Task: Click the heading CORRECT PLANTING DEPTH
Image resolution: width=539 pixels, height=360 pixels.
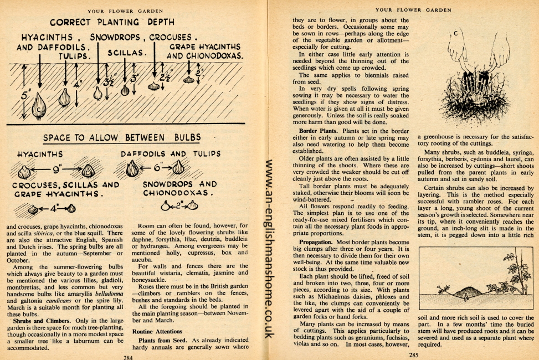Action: (x=112, y=23)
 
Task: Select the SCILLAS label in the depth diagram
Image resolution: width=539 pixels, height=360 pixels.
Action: (x=126, y=53)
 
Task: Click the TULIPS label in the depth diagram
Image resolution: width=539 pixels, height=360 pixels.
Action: (x=74, y=56)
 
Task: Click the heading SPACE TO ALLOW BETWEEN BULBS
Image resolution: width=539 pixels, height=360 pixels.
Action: (x=122, y=137)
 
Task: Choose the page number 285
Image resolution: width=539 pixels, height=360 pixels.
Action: (x=413, y=354)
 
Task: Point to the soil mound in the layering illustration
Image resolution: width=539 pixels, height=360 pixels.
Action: (x=467, y=290)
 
